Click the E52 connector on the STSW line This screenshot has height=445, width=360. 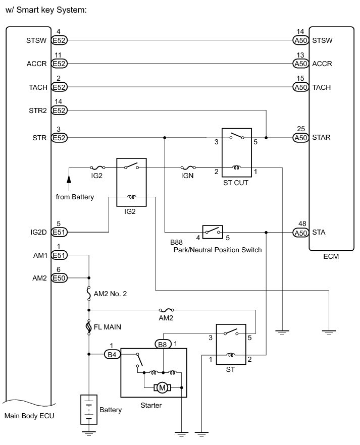(x=60, y=40)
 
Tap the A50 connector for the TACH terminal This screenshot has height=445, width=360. (x=300, y=87)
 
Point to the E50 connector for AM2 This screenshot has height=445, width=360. (x=60, y=277)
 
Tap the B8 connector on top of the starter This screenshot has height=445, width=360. (x=162, y=344)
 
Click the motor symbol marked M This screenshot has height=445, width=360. (x=162, y=387)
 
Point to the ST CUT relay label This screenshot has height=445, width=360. (x=235, y=183)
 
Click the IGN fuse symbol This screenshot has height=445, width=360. (x=188, y=168)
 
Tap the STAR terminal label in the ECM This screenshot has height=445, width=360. (x=322, y=137)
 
